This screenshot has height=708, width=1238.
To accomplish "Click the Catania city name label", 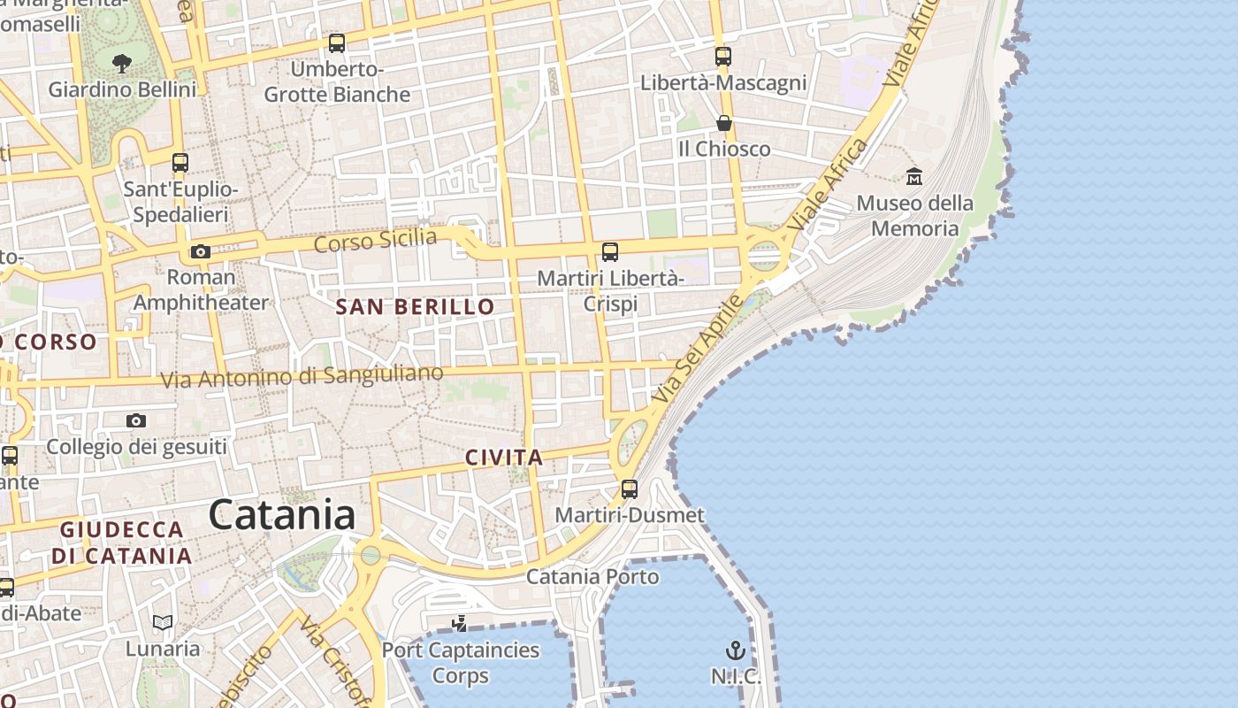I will pyautogui.click(x=282, y=514).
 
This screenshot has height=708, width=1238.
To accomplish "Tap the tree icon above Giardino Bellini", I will pyautogui.click(x=122, y=63).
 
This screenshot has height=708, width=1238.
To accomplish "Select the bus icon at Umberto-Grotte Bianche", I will pyautogui.click(x=336, y=42).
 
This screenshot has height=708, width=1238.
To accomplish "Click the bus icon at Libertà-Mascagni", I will pyautogui.click(x=723, y=57).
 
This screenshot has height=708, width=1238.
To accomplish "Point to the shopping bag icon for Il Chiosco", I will pyautogui.click(x=723, y=123).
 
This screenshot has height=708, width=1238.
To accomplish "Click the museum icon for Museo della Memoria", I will pyautogui.click(x=914, y=177).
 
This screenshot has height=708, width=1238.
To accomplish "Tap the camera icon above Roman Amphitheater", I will pyautogui.click(x=201, y=251).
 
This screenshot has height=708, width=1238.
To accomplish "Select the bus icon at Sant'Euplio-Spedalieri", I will pyautogui.click(x=180, y=163).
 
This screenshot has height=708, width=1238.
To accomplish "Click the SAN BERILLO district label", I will pyautogui.click(x=416, y=307).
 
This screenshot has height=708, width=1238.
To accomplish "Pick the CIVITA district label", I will pyautogui.click(x=504, y=458).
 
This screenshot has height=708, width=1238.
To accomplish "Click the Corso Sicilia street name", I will pyautogui.click(x=376, y=240).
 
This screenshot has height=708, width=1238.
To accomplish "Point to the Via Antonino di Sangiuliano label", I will pyautogui.click(x=302, y=376).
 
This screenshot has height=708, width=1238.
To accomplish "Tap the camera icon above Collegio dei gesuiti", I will pyautogui.click(x=135, y=420).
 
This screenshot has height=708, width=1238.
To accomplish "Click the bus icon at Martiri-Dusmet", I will pyautogui.click(x=629, y=489).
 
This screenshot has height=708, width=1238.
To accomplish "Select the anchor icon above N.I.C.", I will pyautogui.click(x=736, y=651).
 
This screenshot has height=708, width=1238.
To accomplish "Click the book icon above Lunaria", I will pyautogui.click(x=162, y=622).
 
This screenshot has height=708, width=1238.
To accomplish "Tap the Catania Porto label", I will pyautogui.click(x=592, y=577).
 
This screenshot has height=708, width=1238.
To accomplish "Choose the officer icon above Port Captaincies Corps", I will pyautogui.click(x=459, y=624).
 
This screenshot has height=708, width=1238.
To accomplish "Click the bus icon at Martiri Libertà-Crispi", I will pyautogui.click(x=609, y=251).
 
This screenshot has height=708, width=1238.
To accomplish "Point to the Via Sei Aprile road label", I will pyautogui.click(x=699, y=351).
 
